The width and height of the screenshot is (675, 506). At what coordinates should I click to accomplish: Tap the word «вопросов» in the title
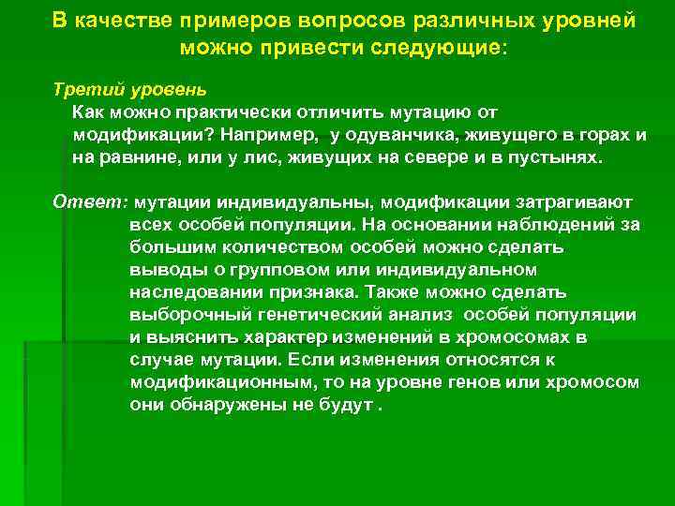[x=342, y=21]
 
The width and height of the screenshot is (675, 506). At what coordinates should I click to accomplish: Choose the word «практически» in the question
[x=212, y=113]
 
